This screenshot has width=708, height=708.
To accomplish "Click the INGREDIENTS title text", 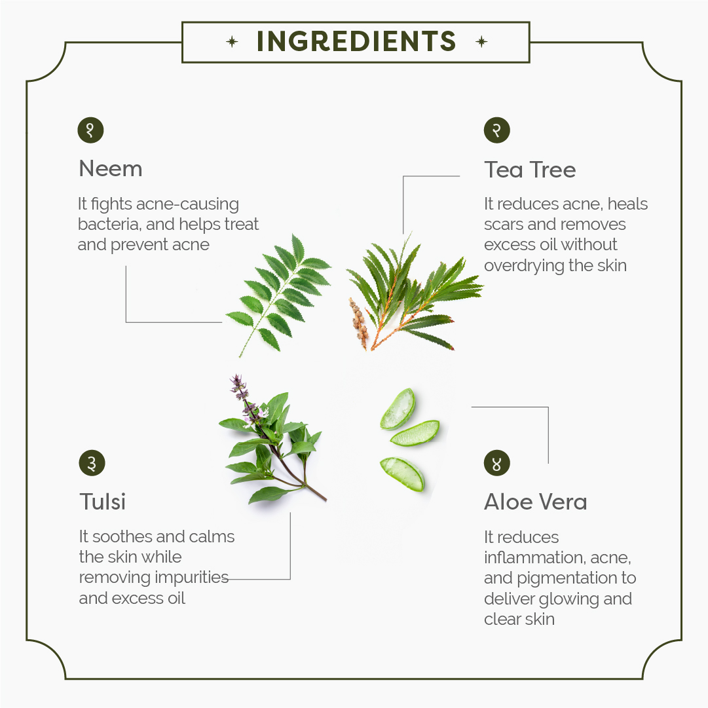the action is [x=356, y=41].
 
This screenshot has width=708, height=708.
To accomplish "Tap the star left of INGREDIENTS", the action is [x=232, y=42].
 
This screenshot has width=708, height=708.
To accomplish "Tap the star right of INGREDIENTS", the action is [x=482, y=42].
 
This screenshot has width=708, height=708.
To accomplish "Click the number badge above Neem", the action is [x=91, y=130].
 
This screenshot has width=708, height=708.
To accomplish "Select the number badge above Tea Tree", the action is [x=496, y=130].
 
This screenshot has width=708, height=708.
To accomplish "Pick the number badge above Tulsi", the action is [x=92, y=463].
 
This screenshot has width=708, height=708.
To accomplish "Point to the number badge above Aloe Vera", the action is [x=496, y=463].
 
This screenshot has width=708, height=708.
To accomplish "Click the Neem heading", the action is [x=111, y=169].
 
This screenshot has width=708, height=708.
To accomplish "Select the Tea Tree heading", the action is [x=530, y=170].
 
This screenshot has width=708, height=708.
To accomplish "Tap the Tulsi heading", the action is [x=102, y=502].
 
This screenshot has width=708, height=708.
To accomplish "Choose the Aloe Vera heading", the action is [x=536, y=502].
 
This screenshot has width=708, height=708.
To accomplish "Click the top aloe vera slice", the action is [x=398, y=409].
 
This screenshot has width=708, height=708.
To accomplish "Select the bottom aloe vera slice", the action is [x=402, y=474].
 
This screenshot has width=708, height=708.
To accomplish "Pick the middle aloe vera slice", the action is [x=415, y=433].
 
